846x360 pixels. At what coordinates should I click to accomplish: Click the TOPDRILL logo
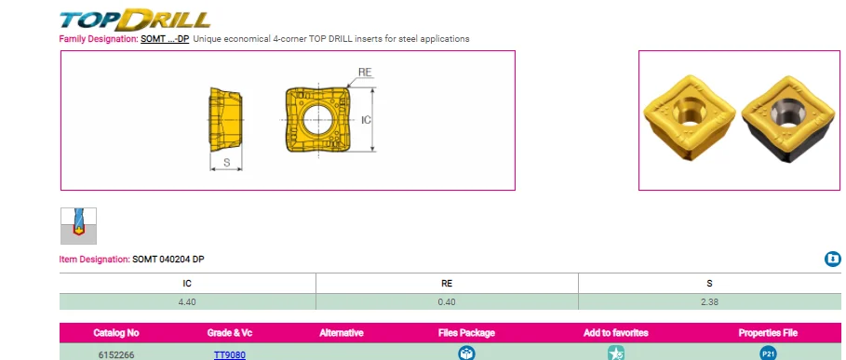tap(135, 19)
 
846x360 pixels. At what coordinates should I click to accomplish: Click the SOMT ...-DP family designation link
tap(165, 39)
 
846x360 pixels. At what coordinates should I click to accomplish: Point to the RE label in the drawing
tap(365, 71)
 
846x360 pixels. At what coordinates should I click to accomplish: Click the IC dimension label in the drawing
tap(366, 120)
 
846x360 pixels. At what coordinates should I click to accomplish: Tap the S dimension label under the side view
tap(226, 162)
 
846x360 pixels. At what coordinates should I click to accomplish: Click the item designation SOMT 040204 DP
tap(168, 259)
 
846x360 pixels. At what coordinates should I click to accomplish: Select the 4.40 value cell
tap(187, 301)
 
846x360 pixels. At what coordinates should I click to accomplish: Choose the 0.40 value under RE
tap(447, 301)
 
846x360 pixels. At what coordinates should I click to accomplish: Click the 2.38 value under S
tap(709, 301)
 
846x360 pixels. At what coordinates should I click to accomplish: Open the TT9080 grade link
tap(230, 354)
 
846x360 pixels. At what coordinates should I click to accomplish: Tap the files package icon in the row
tap(466, 353)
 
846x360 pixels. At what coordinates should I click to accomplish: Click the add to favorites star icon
tap(615, 353)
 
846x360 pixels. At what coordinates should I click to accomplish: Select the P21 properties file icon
tap(768, 353)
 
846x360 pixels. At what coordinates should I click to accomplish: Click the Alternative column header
tap(341, 332)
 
